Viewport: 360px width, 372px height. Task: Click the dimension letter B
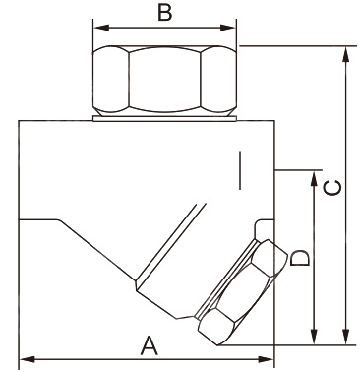pos(165,13)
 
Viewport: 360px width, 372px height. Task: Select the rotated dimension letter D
pos(302,258)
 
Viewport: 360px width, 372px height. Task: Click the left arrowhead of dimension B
pos(98,28)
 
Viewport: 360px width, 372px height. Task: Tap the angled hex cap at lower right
pos(236,290)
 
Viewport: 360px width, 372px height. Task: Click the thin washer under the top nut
pos(165,118)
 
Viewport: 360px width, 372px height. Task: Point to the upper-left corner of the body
pos(21,121)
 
